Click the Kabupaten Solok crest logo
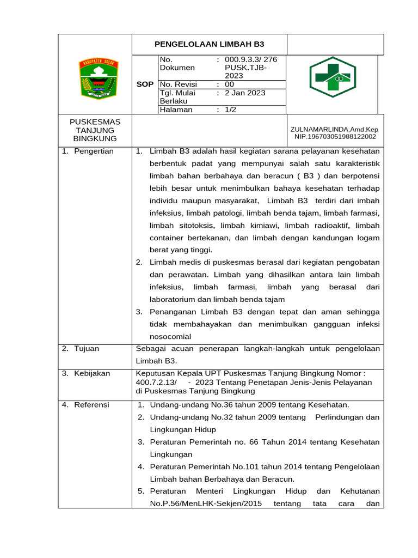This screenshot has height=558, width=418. tap(95, 79)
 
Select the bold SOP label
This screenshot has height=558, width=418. tap(145, 84)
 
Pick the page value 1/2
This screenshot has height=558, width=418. tap(230, 109)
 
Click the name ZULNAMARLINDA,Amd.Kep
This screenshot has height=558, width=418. tap(334, 129)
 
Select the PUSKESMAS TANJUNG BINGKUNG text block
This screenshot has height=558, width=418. tap(95, 130)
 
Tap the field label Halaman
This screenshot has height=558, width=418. tap(176, 109)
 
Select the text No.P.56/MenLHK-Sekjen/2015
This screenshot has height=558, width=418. tap(200, 504)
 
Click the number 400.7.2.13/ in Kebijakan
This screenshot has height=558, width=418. tap(156, 382)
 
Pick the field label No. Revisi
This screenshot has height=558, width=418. tap(178, 84)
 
